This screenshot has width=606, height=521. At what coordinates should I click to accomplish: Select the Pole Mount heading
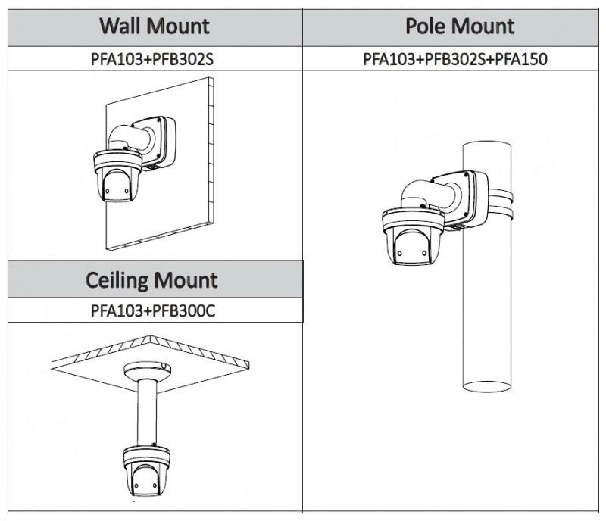tap(460, 27)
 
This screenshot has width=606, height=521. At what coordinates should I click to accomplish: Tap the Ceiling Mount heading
tap(151, 280)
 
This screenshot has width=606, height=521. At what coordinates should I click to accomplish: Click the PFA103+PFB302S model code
tap(151, 59)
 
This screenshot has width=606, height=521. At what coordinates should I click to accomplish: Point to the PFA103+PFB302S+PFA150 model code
tap(454, 59)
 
